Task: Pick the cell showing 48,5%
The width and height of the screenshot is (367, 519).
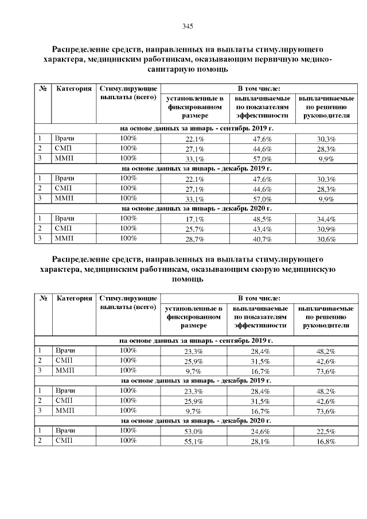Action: pos(262,220)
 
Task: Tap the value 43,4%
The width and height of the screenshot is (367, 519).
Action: pos(262,229)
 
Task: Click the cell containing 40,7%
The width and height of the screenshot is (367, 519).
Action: pos(262,239)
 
